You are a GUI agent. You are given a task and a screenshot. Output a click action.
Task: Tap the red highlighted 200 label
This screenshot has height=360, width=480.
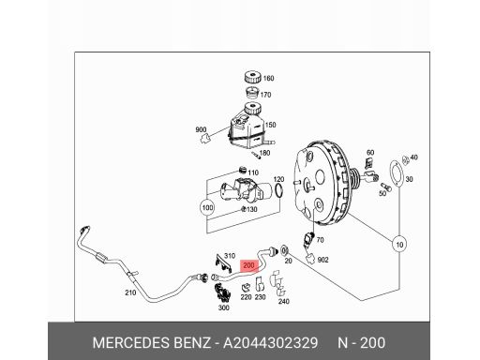(x=249, y=266)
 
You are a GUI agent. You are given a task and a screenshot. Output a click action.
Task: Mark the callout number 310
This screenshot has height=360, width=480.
(x=228, y=255)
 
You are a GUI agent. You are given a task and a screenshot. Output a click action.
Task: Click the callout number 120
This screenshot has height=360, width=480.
(x=278, y=178)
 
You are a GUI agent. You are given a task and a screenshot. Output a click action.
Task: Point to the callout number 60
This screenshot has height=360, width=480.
(x=369, y=152)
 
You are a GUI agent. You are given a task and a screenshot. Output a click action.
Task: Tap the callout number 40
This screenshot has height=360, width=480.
(x=415, y=157)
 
